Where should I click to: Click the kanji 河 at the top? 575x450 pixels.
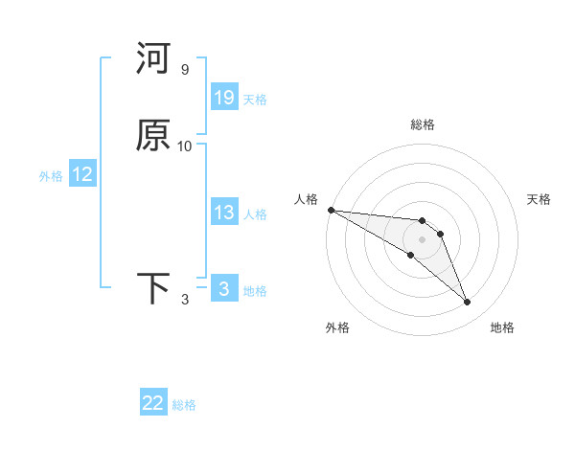point(154,58)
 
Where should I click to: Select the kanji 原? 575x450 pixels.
point(154,135)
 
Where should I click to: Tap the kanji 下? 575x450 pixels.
point(154,288)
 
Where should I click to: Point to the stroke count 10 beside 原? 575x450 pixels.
point(185,146)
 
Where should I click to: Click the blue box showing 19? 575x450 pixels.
point(224,98)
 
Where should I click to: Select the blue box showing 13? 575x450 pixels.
point(224,213)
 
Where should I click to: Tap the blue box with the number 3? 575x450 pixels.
point(224,289)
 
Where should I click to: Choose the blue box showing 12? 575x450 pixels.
point(82,174)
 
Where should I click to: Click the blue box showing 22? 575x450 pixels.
point(153,403)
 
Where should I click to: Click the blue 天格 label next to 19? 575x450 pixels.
point(255,99)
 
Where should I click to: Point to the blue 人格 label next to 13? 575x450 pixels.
point(255,214)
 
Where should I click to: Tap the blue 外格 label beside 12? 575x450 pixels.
point(51,175)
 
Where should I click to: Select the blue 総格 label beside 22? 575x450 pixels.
point(184,404)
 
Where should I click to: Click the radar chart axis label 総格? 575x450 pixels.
point(423,124)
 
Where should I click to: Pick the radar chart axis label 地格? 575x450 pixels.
point(502,328)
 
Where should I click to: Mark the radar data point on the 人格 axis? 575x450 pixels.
point(331,210)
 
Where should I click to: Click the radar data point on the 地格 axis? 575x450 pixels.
point(468,303)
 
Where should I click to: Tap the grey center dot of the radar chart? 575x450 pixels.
point(422,238)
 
